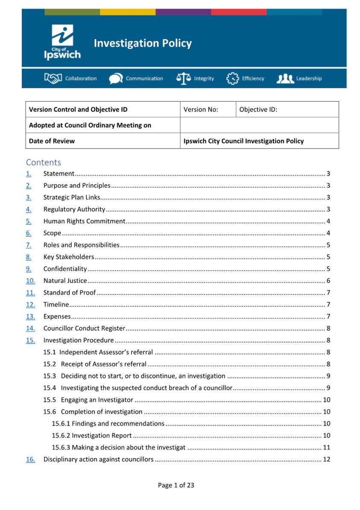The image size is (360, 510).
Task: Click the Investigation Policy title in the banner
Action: (143, 43)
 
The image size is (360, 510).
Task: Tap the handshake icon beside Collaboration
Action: (53, 79)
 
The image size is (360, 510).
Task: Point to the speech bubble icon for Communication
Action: (115, 79)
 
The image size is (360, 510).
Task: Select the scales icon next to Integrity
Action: (184, 79)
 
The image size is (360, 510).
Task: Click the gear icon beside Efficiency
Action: (232, 79)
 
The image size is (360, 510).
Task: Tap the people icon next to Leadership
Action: (285, 79)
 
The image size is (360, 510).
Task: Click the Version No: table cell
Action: (208, 109)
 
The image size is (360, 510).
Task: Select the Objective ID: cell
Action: (287, 109)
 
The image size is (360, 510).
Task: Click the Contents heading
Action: (44, 162)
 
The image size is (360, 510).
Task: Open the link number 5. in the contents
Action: (29, 221)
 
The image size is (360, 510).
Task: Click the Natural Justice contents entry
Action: (65, 281)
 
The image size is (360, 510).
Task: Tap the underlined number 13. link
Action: (30, 317)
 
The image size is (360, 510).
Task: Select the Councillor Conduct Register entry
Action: (84, 328)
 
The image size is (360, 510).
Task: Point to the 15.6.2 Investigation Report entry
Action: (91, 436)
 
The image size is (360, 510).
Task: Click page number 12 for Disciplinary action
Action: (327, 460)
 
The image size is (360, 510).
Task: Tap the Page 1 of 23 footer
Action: (176, 485)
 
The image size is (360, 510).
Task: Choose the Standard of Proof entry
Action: (70, 293)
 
